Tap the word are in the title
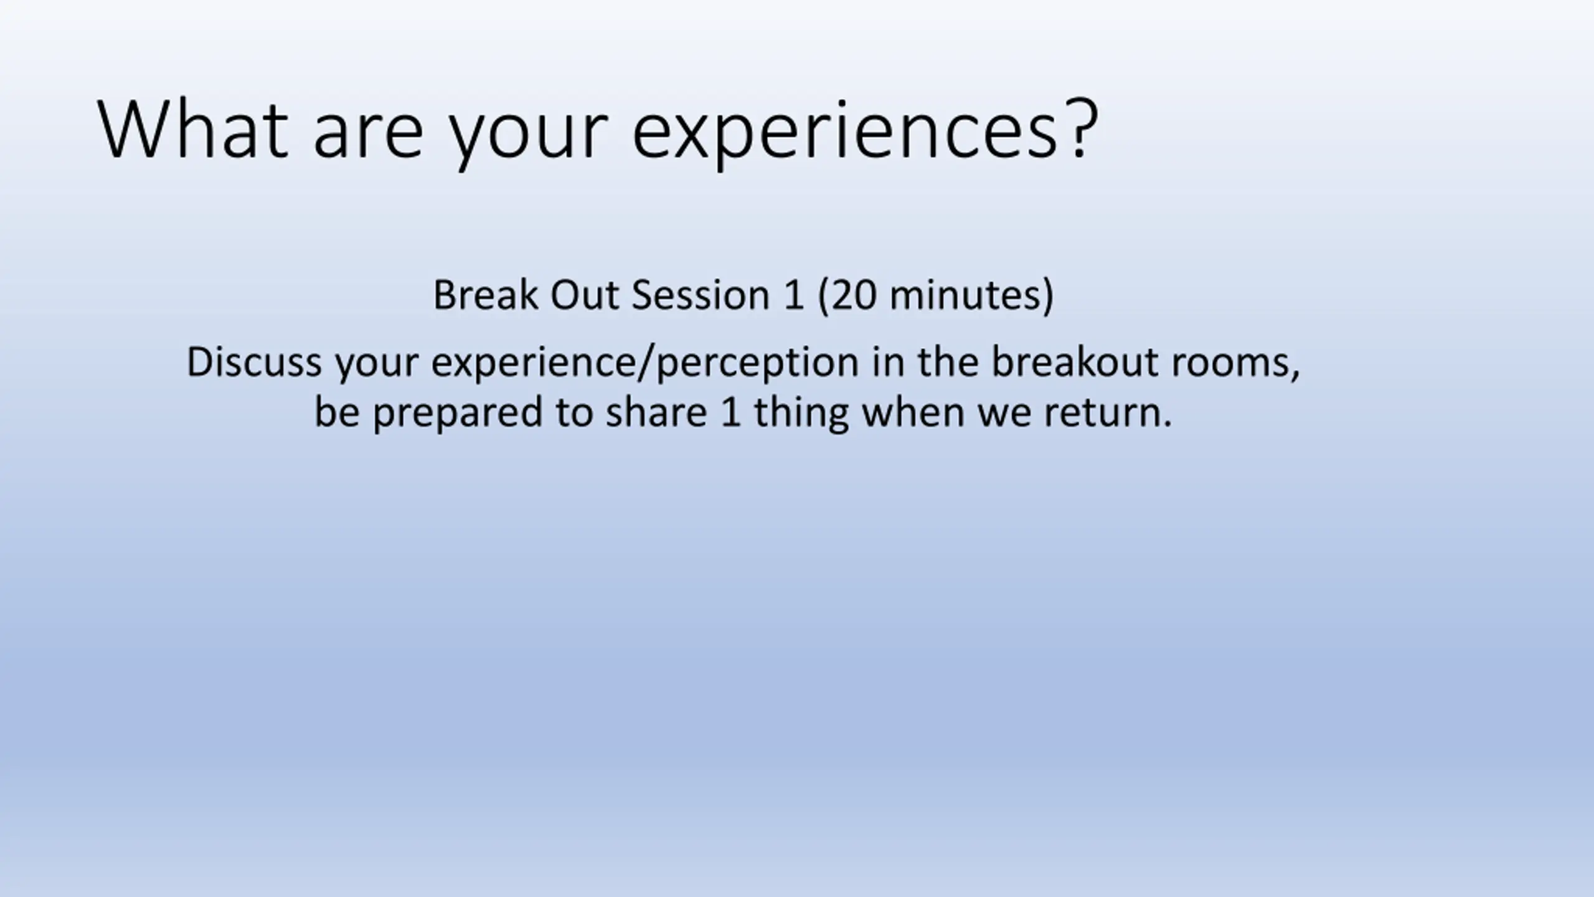tap(368, 136)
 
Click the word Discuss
tap(254, 362)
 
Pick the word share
tap(657, 412)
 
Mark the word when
tap(913, 412)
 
